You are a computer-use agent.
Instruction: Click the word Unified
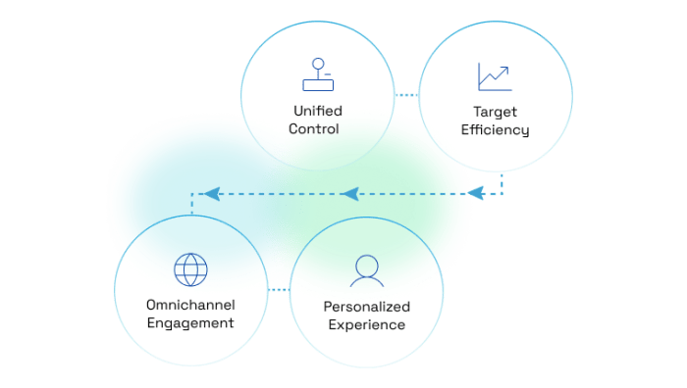click(316, 110)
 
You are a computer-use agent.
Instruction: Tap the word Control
click(316, 128)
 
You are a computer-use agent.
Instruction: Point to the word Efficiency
click(497, 129)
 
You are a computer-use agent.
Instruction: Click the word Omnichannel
click(189, 303)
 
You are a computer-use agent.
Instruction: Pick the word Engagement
click(189, 322)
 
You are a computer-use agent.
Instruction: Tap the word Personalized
click(367, 307)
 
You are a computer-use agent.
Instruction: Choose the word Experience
click(367, 325)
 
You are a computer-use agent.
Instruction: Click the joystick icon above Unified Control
click(316, 74)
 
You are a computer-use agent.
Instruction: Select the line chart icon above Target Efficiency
click(495, 76)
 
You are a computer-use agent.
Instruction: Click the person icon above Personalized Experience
click(366, 267)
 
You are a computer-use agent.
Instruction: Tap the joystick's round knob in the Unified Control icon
click(316, 65)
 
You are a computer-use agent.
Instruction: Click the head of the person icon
click(366, 263)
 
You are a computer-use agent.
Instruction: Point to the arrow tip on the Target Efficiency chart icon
click(506, 68)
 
